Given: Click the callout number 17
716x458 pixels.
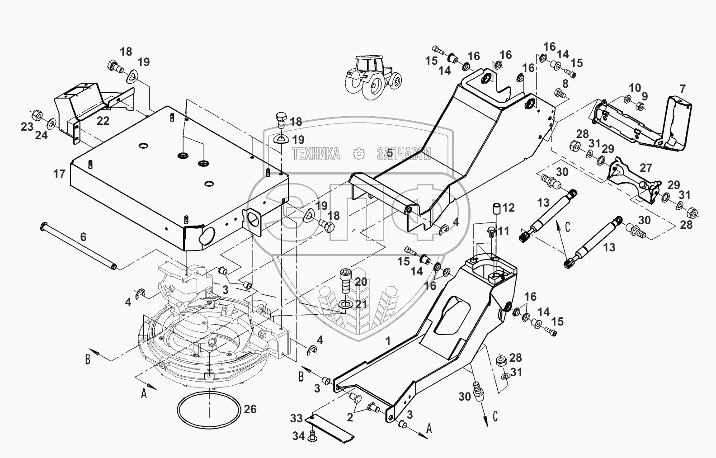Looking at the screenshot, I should (x=59, y=174).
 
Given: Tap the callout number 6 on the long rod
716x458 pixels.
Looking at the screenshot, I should (x=83, y=237).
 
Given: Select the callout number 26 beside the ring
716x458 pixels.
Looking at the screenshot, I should (x=250, y=410).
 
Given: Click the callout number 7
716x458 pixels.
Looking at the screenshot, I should (x=682, y=89).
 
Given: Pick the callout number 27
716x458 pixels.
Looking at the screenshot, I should (x=646, y=168).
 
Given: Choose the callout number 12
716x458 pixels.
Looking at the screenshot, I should (x=509, y=208).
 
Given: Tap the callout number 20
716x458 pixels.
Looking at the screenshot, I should (x=361, y=282).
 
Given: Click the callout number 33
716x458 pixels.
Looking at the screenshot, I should (x=296, y=419).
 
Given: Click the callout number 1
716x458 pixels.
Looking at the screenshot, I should (x=387, y=341).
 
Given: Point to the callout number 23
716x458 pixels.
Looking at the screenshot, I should (x=27, y=126).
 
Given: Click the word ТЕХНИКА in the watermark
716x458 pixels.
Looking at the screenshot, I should (x=316, y=154).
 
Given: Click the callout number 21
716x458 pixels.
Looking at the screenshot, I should (x=361, y=304).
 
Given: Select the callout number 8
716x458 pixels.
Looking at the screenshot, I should (x=565, y=84).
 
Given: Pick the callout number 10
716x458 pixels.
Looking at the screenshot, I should (x=635, y=87).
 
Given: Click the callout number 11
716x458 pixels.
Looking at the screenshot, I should (x=503, y=231).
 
